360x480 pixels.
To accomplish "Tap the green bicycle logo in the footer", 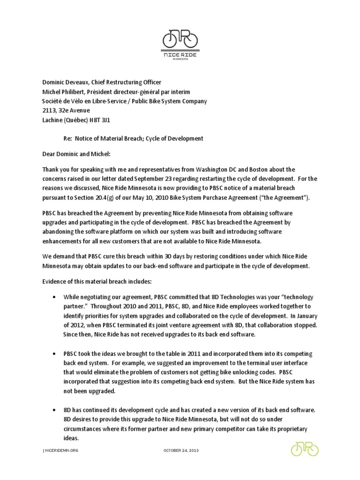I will (304, 449).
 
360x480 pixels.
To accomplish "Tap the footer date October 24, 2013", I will (181, 450).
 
